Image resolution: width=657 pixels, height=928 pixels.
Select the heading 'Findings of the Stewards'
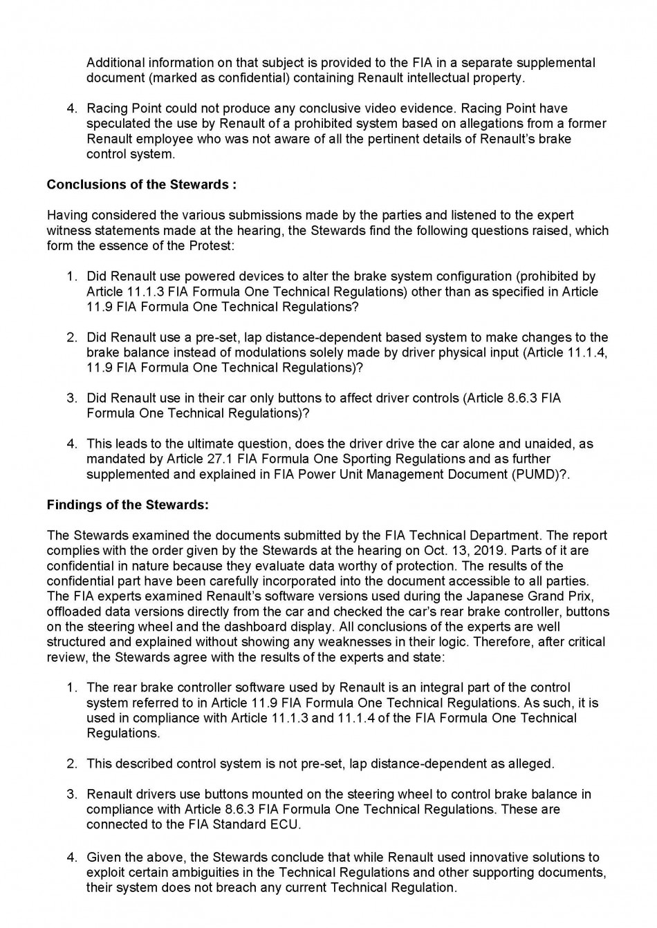[127, 504]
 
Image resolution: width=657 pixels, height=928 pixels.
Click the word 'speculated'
[117, 124]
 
